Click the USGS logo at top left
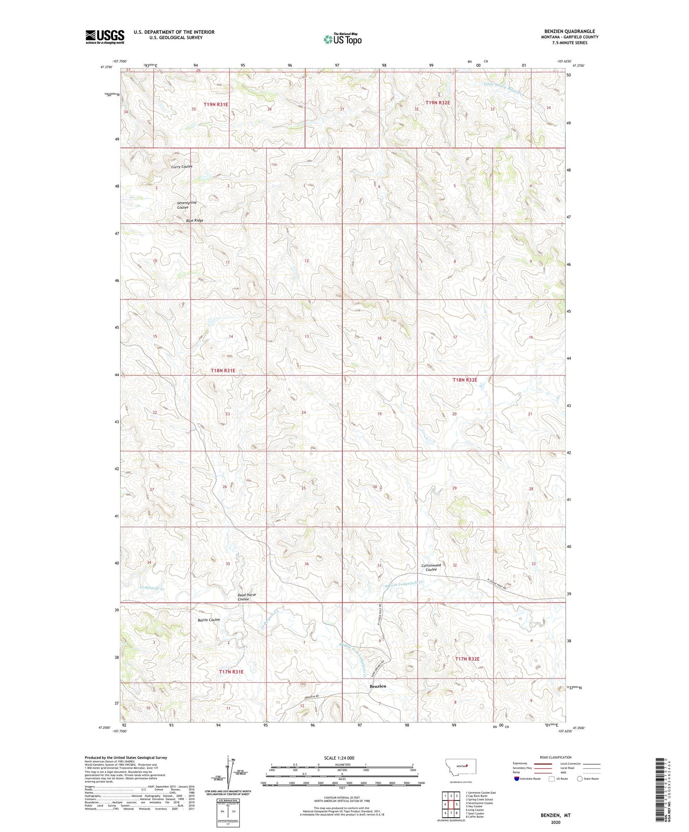[x=104, y=37]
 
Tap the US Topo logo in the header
[x=342, y=39]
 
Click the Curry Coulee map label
[x=182, y=166]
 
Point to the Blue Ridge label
[x=195, y=221]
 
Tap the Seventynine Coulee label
[x=186, y=205]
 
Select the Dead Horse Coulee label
[x=247, y=597]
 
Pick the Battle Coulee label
[x=208, y=620]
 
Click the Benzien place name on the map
[x=378, y=686]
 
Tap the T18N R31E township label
[x=223, y=370]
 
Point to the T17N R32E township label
[x=467, y=659]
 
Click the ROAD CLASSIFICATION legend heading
[x=555, y=757]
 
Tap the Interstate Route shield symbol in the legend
[x=517, y=779]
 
